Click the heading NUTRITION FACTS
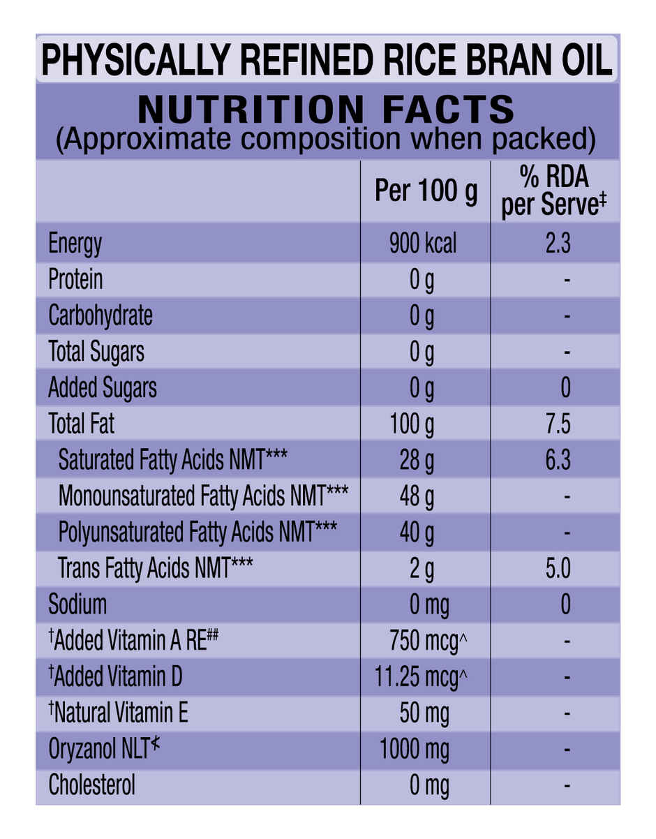tap(327, 110)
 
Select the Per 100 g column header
tap(426, 191)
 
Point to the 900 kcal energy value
tap(423, 244)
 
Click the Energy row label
tap(75, 244)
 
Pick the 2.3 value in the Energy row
tap(557, 244)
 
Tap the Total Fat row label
tap(82, 424)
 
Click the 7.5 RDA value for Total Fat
tap(557, 424)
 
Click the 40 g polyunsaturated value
tap(417, 533)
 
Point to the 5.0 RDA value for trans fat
tap(557, 568)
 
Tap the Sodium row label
tap(77, 604)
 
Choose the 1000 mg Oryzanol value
tap(415, 750)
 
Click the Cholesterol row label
tap(91, 786)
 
